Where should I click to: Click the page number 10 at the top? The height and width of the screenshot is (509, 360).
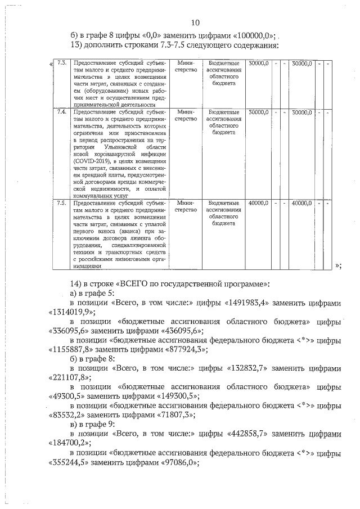[195, 23]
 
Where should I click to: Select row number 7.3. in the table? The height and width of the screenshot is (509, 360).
[63, 62]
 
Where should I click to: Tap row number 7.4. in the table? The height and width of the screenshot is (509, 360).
[63, 112]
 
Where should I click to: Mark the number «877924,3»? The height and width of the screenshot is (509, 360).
[183, 349]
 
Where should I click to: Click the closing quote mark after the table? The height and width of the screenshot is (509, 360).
[337, 265]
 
